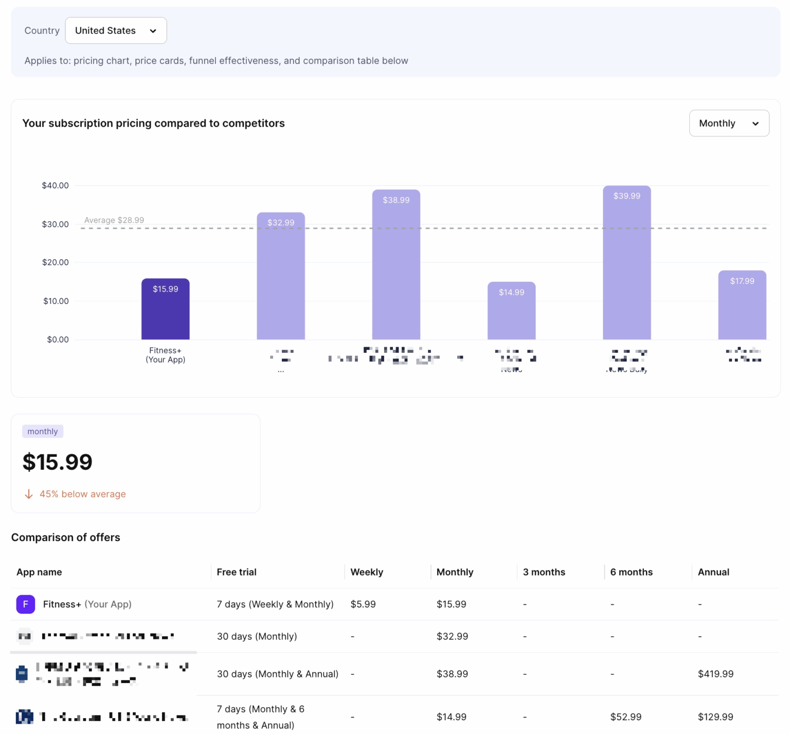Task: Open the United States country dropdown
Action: [x=116, y=30]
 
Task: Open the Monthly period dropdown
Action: [x=728, y=123]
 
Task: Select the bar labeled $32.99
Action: [x=281, y=278]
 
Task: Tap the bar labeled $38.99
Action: [x=396, y=267]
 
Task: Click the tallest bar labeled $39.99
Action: [x=626, y=265]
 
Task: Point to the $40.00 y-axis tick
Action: [x=55, y=185]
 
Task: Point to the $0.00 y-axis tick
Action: [x=58, y=339]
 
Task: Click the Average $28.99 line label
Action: [x=114, y=220]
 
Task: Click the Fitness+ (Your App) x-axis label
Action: [x=165, y=355]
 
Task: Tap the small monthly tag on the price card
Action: [x=43, y=432]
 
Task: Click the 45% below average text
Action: [x=82, y=494]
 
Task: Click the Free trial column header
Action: [x=237, y=572]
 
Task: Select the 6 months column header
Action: [x=631, y=572]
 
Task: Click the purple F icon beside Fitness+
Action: [x=26, y=604]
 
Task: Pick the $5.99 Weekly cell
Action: [x=363, y=604]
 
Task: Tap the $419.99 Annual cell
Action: [x=715, y=674]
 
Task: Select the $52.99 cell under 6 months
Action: [x=625, y=717]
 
